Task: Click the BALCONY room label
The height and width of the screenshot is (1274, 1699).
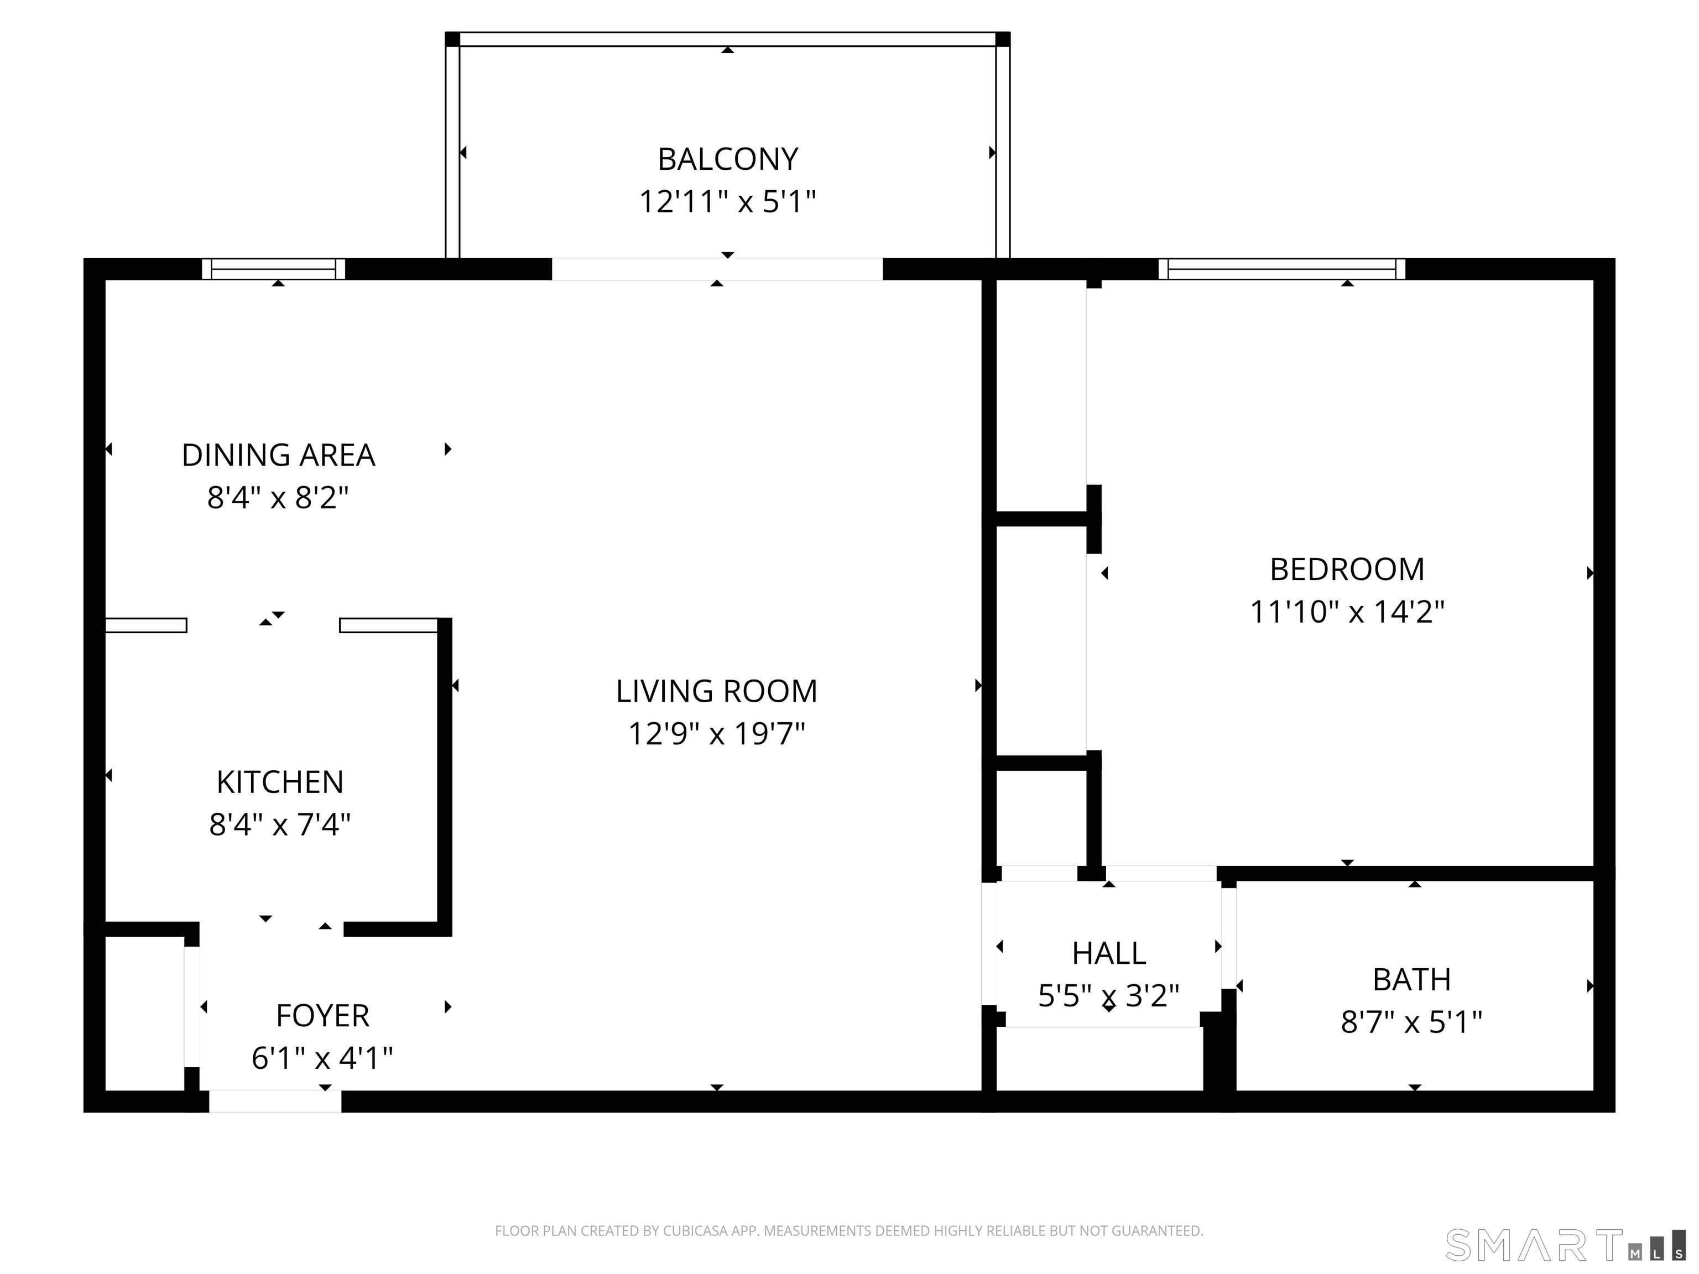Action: tap(727, 159)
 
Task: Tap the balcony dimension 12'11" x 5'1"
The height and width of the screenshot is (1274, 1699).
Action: tap(727, 202)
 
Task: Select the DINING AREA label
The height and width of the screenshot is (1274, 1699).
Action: tap(278, 456)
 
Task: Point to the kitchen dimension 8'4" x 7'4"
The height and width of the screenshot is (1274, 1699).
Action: tap(280, 825)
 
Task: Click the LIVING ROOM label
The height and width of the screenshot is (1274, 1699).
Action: tap(716, 691)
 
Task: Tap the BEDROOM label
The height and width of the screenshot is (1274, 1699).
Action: tap(1347, 570)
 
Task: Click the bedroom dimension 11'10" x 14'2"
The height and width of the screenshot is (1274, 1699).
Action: tap(1347, 613)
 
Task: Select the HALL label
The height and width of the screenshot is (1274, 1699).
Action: tap(1108, 954)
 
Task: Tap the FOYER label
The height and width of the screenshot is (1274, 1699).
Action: tap(322, 1016)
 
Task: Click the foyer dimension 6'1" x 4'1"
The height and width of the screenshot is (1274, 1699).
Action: tap(322, 1059)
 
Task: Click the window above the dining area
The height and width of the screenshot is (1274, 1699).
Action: tap(273, 269)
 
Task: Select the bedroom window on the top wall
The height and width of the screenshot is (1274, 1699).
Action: tap(1281, 269)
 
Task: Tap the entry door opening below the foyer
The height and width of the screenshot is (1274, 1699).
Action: tap(275, 1101)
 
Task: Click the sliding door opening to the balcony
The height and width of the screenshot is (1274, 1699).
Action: tap(717, 269)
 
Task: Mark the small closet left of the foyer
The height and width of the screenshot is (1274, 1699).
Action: tap(144, 1013)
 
